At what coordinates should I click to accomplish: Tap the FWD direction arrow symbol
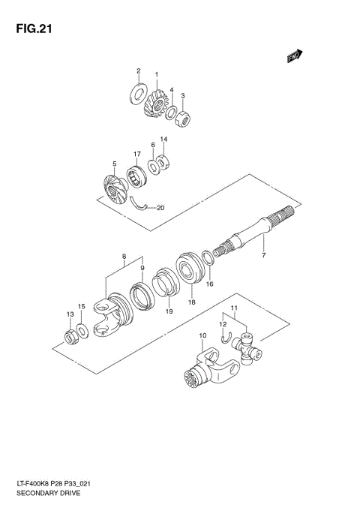(295, 55)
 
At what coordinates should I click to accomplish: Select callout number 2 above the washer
(138, 71)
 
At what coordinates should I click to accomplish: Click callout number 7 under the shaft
(263, 257)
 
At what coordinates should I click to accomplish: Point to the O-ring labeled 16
(209, 260)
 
